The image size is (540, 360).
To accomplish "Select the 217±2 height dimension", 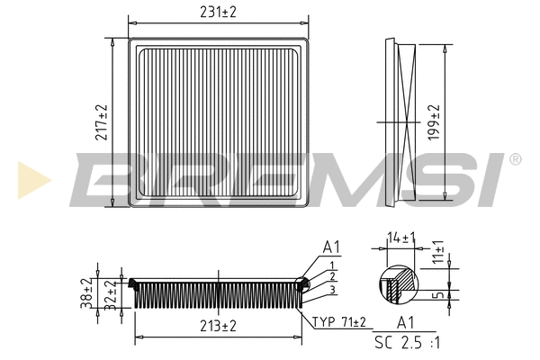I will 102,122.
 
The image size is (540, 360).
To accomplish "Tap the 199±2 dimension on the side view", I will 435,122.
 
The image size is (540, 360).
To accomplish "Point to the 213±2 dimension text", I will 217,325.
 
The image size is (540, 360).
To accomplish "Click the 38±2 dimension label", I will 87,292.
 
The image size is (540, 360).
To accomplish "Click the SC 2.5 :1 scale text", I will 407,343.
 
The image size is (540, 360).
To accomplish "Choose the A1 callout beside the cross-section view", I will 331,247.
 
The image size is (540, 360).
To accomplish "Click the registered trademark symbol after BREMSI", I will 515,159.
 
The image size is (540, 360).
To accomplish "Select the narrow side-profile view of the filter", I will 397,122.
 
